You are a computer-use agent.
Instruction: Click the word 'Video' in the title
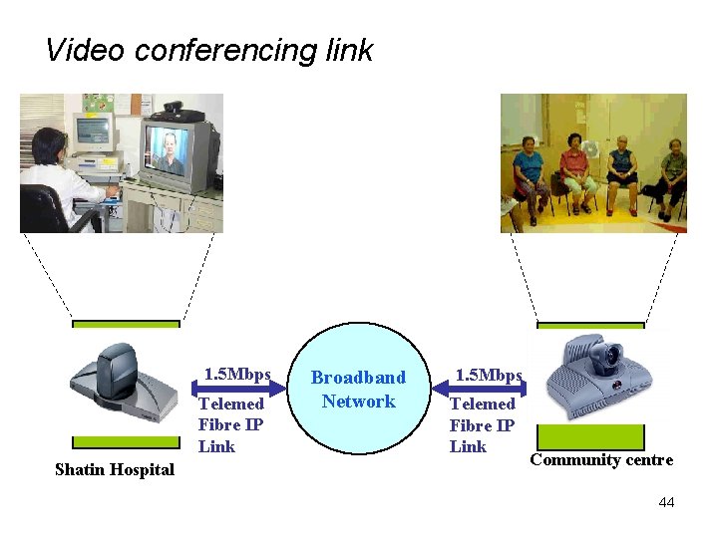[85, 49]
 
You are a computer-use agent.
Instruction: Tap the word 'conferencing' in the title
[224, 50]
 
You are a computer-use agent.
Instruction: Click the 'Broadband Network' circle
[358, 390]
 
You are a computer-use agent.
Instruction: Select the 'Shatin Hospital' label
[114, 469]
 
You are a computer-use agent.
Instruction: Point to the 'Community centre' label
[601, 459]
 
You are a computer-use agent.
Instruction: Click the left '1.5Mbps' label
[237, 375]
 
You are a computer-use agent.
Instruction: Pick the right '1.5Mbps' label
[489, 375]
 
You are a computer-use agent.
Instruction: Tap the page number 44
[666, 502]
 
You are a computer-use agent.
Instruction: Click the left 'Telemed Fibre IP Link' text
[230, 424]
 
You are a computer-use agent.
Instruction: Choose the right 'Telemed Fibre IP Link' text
[482, 424]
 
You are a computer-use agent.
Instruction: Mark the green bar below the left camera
[126, 441]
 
